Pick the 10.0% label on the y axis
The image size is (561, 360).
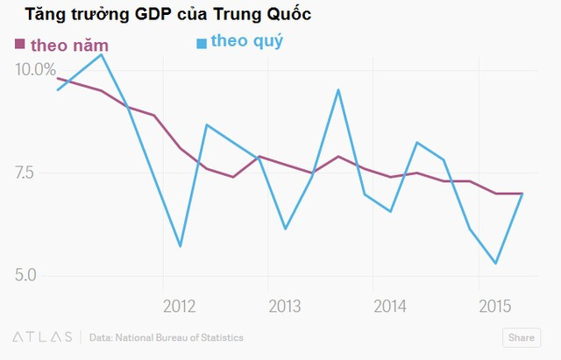[35, 69]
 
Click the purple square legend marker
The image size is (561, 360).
[19, 45]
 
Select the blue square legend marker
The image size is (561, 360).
[202, 43]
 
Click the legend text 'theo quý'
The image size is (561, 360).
[247, 41]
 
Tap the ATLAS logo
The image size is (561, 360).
[42, 337]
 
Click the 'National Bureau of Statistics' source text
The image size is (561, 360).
[187, 337]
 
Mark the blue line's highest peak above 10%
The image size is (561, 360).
[102, 54]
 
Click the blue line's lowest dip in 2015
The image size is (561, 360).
[496, 263]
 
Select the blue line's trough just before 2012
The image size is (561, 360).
[181, 246]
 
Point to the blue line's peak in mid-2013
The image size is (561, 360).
[338, 89]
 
